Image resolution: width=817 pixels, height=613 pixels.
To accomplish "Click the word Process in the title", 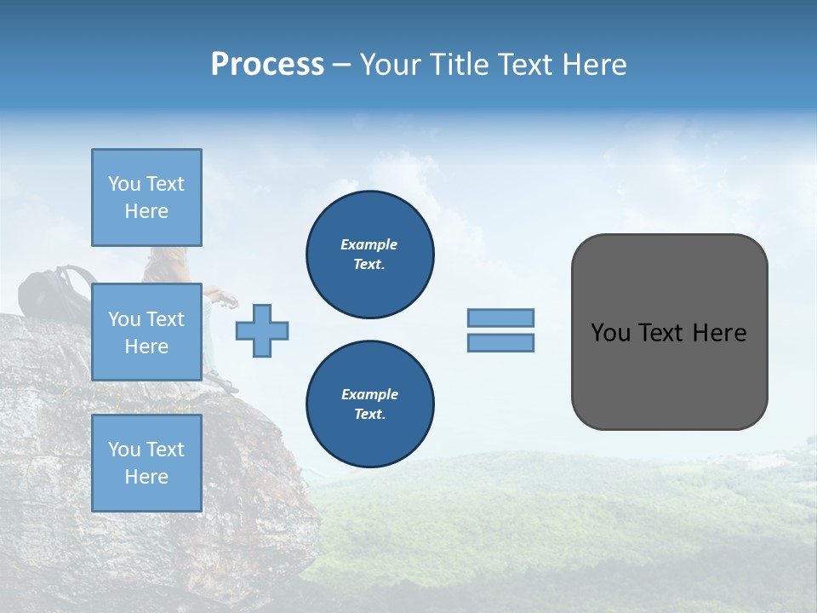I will point(267,65).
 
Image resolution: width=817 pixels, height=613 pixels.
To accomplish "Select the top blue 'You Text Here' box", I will point(146,198).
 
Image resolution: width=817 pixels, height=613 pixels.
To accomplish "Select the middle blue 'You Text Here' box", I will point(146,332).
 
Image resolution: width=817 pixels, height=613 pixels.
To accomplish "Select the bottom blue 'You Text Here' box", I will point(146,462).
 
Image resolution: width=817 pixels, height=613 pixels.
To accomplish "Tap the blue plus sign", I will point(262,330).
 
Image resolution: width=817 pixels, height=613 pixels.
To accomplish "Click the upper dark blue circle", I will point(370,255).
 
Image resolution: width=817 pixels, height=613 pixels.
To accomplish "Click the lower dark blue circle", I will point(370,404).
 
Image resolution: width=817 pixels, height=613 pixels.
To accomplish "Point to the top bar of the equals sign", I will point(500,318).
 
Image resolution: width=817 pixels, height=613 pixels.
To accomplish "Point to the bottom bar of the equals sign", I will point(500,342).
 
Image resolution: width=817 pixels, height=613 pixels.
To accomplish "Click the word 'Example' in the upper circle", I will point(369,244).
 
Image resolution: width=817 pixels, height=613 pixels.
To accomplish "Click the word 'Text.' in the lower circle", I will point(369,415).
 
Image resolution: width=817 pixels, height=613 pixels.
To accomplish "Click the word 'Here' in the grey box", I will point(719,333).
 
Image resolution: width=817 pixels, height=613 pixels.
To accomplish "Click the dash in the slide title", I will point(341,66).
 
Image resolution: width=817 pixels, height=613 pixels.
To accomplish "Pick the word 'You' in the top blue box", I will point(123,184).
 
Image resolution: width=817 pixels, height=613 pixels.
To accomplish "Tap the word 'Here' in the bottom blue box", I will point(146,477).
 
